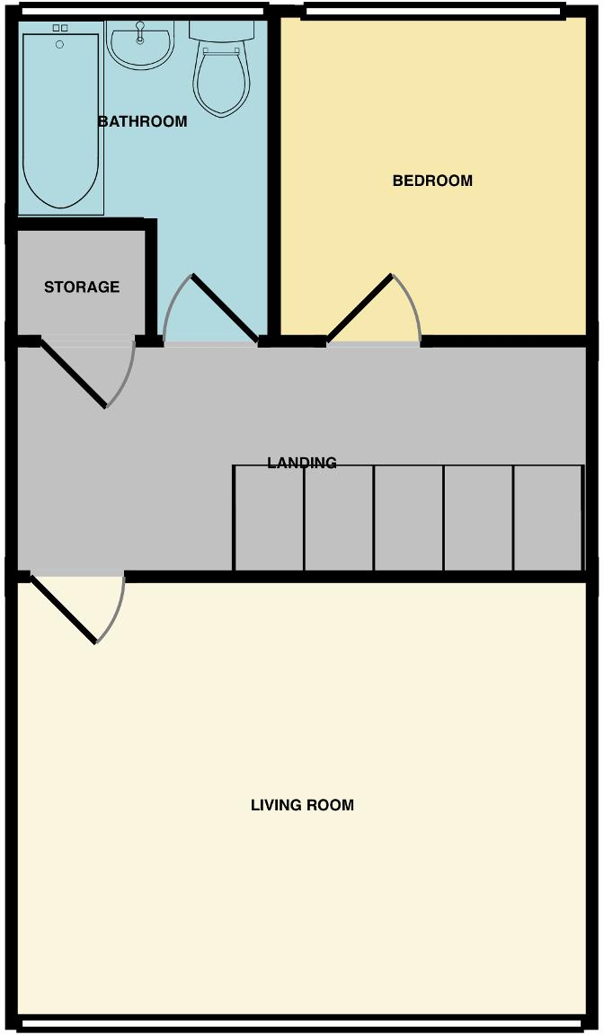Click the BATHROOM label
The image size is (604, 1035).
point(142,121)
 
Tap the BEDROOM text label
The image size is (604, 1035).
point(432,181)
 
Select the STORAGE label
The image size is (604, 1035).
point(82,287)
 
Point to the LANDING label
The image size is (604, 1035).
point(302,463)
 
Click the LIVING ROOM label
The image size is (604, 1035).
point(302,805)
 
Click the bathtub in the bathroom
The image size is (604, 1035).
point(60,121)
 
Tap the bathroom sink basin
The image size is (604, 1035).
point(140,45)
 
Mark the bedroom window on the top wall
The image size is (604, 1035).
point(433,11)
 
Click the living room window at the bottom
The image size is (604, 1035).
point(302,1023)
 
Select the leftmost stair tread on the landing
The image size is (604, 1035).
point(269,517)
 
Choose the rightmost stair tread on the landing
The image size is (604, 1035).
point(548,517)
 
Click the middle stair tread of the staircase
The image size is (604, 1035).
point(408,517)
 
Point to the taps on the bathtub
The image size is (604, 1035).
point(60,29)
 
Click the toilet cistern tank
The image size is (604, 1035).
point(221,31)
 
